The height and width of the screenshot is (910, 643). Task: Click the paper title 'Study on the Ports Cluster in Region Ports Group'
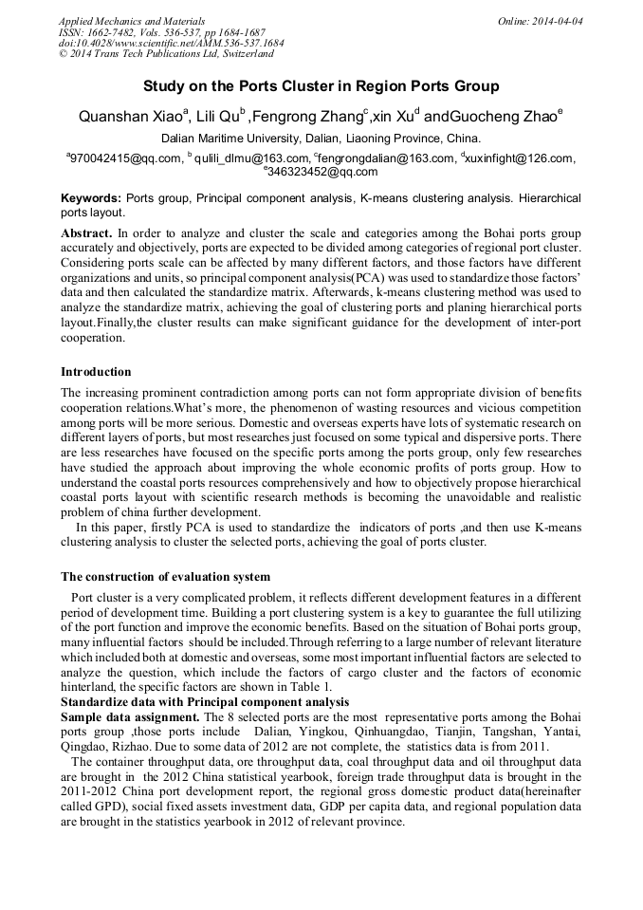click(321, 86)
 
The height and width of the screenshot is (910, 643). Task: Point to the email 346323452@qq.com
click(322, 172)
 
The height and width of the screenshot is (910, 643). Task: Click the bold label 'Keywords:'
click(91, 198)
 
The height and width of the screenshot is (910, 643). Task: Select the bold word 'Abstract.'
click(87, 232)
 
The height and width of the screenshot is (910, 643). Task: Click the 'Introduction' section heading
click(96, 371)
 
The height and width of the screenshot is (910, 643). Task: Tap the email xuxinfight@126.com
click(521, 158)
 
